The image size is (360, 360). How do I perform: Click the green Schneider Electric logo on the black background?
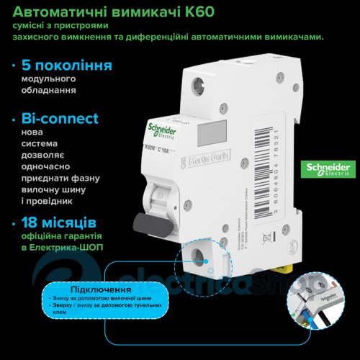click(x=330, y=170)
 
